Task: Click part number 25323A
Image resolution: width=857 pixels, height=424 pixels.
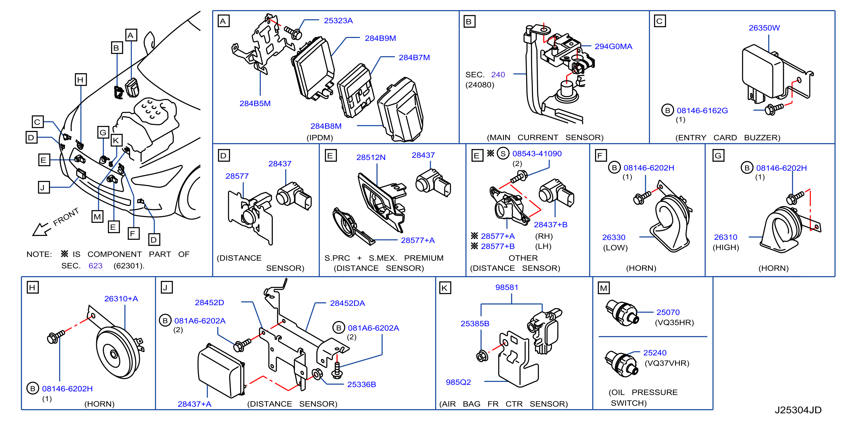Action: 338,21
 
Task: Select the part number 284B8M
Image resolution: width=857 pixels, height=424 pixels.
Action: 326,126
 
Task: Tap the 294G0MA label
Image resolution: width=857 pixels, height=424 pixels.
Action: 613,47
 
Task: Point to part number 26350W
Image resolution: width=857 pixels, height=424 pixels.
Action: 764,28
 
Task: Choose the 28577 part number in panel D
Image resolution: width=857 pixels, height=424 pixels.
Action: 237,176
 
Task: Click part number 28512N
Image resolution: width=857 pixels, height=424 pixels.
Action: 371,157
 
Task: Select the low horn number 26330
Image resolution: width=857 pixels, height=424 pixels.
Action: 613,237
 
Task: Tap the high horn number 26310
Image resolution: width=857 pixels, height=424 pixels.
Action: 725,237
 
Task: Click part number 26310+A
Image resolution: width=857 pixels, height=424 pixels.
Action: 121,299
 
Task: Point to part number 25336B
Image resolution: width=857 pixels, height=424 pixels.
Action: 361,385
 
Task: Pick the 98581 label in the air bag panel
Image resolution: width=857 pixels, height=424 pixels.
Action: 506,287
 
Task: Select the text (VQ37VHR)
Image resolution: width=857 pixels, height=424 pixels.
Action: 667,363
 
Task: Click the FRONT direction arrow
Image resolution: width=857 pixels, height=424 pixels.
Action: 41,229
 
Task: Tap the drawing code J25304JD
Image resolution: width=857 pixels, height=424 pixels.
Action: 798,410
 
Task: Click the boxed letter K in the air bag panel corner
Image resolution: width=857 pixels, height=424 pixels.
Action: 445,288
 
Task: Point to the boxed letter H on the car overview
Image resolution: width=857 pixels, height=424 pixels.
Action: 81,80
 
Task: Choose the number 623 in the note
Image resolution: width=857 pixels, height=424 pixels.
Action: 95,266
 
